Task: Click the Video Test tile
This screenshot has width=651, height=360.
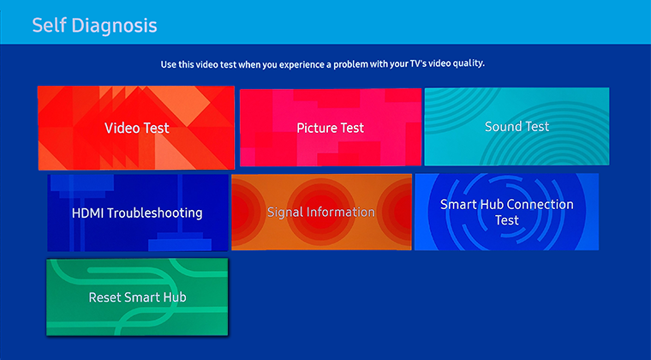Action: tap(136, 128)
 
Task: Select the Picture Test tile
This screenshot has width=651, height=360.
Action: tap(330, 128)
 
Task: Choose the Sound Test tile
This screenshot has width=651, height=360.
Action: tap(517, 126)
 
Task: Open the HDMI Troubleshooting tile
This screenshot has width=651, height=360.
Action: tap(137, 213)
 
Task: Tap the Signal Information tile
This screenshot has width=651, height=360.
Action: tap(320, 212)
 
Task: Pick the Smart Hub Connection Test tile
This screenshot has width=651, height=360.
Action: tap(506, 212)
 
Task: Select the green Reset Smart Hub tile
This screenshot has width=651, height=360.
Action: tap(137, 297)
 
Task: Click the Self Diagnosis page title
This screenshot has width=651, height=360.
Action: tap(94, 25)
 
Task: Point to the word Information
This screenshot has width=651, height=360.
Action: tap(342, 212)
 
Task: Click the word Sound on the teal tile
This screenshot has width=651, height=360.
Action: tap(502, 126)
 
